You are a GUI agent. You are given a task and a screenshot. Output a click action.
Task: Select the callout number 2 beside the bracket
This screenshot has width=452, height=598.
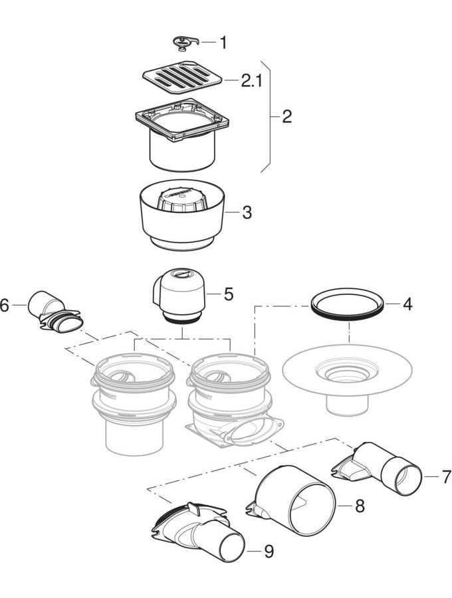click(x=286, y=117)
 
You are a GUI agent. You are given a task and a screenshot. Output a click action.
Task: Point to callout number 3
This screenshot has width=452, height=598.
click(x=247, y=213)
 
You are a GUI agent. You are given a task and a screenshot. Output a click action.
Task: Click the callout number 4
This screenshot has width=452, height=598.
click(x=407, y=305)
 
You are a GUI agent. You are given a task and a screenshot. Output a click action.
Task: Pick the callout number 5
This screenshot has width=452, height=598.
click(x=228, y=294)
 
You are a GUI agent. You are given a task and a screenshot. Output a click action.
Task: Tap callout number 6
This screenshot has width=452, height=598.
click(x=5, y=306)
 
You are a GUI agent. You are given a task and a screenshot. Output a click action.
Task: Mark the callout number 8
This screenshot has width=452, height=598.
click(x=359, y=506)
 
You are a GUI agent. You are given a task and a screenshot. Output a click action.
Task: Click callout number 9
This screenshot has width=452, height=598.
click(x=269, y=551)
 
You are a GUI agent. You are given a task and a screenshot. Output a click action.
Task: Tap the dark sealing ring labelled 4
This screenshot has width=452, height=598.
click(x=348, y=305)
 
